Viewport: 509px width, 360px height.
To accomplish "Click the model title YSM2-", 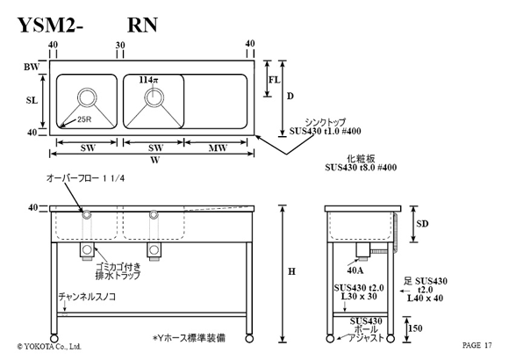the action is tap(50, 25).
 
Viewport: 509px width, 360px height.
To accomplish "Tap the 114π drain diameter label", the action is tap(148, 80).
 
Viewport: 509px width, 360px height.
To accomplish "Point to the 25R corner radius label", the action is tap(84, 119).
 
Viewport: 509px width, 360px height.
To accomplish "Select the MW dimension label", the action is tap(218, 148).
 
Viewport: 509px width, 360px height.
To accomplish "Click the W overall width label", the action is tap(155, 160).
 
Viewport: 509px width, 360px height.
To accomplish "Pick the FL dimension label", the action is tap(275, 80).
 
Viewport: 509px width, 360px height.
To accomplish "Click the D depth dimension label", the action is tap(290, 97).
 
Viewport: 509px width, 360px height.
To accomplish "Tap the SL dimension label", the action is tap(32, 101).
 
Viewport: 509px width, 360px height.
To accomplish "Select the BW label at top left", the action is tap(32, 67).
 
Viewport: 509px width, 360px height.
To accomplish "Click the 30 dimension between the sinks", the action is tap(120, 45).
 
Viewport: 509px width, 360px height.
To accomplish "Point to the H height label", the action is tap(292, 271).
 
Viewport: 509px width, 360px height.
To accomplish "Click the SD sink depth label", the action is tap(422, 224).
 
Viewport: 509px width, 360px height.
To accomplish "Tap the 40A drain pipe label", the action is tap(355, 270).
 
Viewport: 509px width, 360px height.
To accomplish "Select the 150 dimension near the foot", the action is tap(415, 328).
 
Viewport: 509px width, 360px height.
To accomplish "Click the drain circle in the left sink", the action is tap(87, 97).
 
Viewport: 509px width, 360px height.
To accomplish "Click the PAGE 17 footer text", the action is tap(477, 345).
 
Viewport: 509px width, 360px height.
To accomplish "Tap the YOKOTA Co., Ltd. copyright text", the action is tap(49, 347).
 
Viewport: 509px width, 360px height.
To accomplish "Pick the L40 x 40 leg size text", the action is tap(426, 298).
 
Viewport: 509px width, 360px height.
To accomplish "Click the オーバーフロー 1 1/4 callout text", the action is tap(85, 178).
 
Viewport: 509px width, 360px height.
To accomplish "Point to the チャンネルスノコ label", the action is tap(87, 297).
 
